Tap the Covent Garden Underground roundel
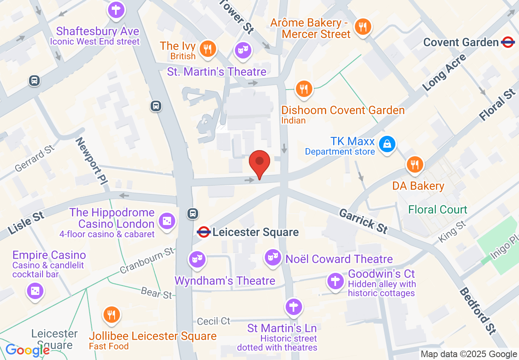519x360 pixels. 508,42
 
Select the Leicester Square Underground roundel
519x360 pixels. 203,232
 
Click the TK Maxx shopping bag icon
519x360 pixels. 387,144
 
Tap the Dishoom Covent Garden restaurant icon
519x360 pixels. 303,88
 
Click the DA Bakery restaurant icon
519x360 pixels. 415,165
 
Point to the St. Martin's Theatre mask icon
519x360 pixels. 243,50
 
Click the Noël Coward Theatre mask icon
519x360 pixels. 272,258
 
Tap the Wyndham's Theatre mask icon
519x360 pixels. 197,259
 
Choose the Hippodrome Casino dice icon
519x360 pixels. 167,221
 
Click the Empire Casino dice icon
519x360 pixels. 35,291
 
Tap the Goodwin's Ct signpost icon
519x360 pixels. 335,281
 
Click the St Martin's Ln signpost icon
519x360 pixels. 293,306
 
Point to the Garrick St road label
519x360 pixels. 363,220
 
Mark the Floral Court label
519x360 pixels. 438,209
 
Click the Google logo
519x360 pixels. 27,350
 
